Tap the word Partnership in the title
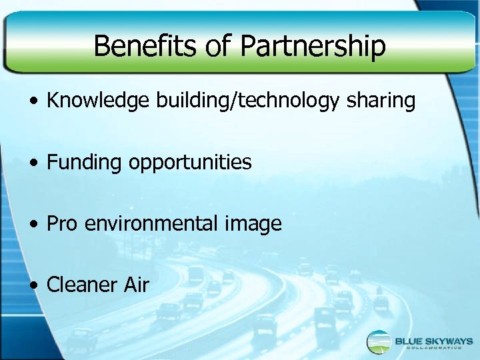click(x=313, y=46)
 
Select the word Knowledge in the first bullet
click(x=99, y=101)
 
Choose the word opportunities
click(x=189, y=163)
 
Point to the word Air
click(x=136, y=285)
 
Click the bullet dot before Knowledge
click(x=33, y=103)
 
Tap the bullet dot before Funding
click(x=33, y=163)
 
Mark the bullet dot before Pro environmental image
click(x=33, y=225)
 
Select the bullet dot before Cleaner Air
click(x=33, y=286)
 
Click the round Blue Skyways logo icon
click(x=379, y=342)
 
